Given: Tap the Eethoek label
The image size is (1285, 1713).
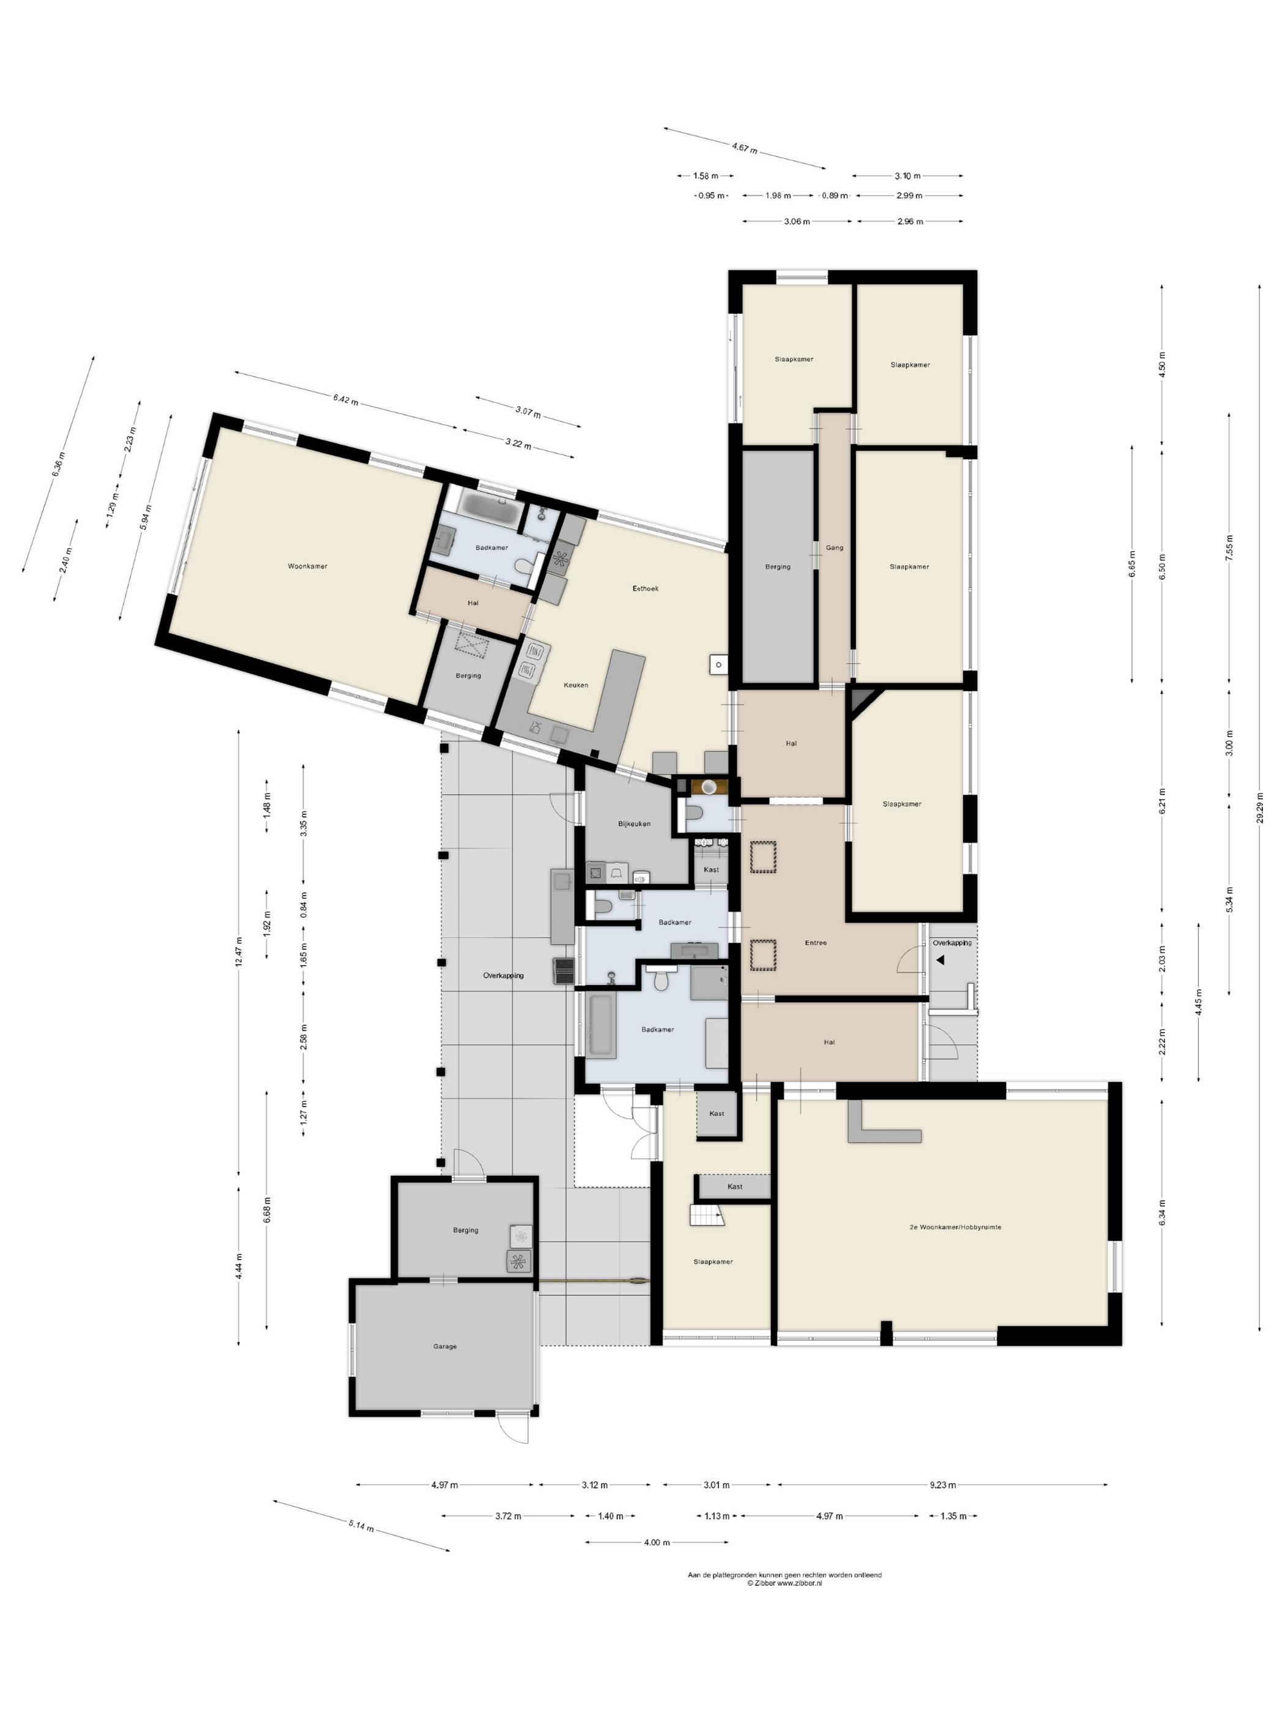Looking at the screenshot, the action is pyautogui.click(x=645, y=589).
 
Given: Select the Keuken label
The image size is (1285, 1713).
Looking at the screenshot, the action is pyautogui.click(x=576, y=685).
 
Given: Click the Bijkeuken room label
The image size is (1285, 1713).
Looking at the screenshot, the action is pyautogui.click(x=633, y=823).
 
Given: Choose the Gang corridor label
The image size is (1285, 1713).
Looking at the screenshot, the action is pyautogui.click(x=834, y=548).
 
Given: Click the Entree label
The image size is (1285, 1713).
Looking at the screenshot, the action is pyautogui.click(x=816, y=943).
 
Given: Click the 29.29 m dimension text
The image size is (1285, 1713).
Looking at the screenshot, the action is pyautogui.click(x=1260, y=809).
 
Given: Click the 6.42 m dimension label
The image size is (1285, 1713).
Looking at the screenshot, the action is pyautogui.click(x=346, y=399).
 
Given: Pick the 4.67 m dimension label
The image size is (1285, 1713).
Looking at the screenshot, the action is pyautogui.click(x=744, y=147).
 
